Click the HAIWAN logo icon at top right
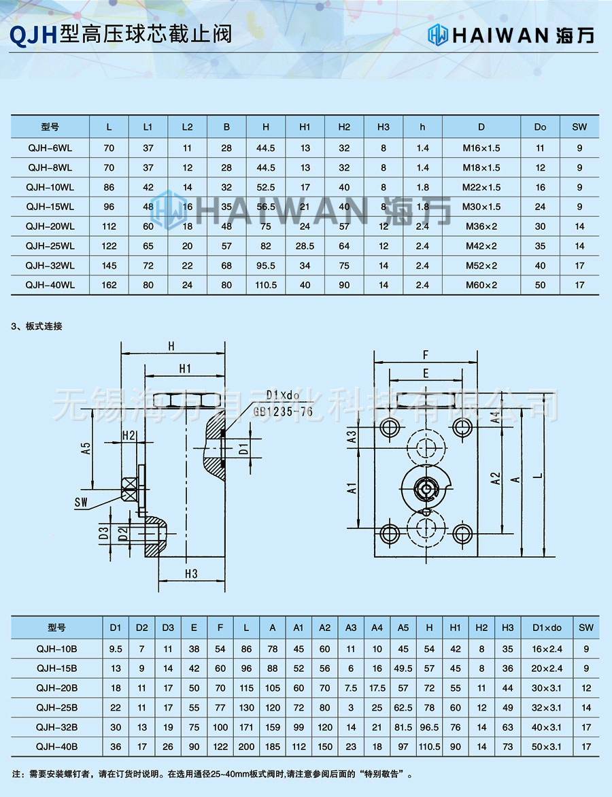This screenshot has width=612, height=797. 439,34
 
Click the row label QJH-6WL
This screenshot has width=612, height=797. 50,148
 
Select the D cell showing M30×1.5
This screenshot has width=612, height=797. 481,207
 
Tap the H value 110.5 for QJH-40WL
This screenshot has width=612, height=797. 266,286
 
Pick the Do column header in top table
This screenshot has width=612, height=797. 540,127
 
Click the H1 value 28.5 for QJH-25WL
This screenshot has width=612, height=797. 305,246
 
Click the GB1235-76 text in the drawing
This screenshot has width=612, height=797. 283,411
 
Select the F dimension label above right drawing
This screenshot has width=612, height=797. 425,354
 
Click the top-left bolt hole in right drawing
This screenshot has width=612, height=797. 390,427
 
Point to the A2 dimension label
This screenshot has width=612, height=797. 496,478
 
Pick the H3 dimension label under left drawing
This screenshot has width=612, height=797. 191,574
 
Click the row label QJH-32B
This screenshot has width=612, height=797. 56,726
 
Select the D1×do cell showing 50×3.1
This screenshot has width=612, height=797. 547,746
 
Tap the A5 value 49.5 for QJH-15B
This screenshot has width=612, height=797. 403,668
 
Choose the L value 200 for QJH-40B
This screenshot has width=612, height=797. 246,746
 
